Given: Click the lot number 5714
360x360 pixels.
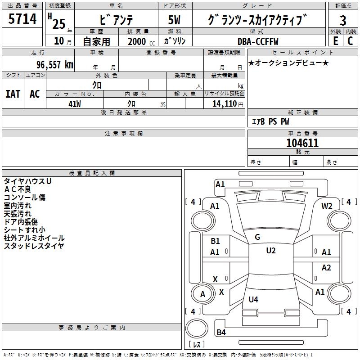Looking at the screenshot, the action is [x=22, y=19].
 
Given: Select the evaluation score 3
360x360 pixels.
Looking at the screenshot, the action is [x=343, y=20].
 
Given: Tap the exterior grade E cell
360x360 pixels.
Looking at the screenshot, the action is [x=335, y=40].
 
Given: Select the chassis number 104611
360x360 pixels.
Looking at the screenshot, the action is [x=302, y=143].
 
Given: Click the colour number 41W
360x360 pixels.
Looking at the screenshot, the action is [x=75, y=103].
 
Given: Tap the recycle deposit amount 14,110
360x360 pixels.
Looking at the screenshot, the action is [x=224, y=103].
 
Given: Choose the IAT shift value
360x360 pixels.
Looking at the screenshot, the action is [x=13, y=94].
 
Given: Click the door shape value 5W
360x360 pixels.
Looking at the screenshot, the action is [x=175, y=20].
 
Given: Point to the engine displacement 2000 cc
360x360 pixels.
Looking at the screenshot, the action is [x=140, y=41].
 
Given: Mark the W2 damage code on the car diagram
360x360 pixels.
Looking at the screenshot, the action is [x=327, y=206].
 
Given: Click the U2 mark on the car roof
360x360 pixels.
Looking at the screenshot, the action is [x=270, y=251].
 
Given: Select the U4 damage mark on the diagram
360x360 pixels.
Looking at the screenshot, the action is [x=253, y=299].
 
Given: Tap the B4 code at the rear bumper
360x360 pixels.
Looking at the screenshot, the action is [x=221, y=333].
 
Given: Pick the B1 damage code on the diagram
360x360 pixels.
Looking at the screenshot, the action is [x=215, y=241].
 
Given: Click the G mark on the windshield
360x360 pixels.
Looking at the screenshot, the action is [x=257, y=237].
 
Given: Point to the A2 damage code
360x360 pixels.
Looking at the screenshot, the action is [x=326, y=268].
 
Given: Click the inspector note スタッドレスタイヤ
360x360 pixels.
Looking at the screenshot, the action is [x=34, y=246].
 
